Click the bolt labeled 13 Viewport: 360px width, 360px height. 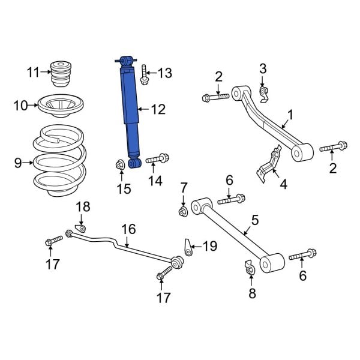143,75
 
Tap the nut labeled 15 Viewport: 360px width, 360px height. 119,164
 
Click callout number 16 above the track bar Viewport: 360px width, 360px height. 128,229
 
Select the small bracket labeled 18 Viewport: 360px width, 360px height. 80,227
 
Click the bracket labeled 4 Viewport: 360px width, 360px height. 268,163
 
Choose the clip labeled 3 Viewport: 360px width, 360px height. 263,91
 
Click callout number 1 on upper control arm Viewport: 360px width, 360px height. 290,114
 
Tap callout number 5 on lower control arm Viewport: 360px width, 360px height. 254,220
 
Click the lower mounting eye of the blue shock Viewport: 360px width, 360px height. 134,163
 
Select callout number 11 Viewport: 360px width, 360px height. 32,73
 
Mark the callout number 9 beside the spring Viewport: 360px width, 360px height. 17,162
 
